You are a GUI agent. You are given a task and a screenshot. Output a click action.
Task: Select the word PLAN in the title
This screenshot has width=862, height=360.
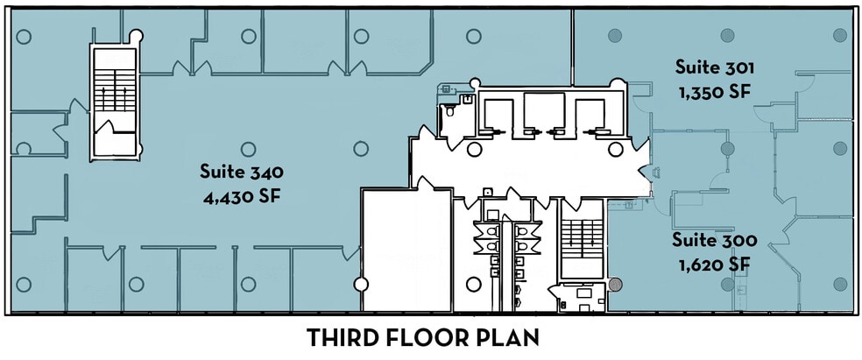click(x=511, y=337)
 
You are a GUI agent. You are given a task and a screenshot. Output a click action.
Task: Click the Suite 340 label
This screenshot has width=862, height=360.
click(x=241, y=172)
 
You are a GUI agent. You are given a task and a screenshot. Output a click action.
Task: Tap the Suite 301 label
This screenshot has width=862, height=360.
click(x=714, y=67)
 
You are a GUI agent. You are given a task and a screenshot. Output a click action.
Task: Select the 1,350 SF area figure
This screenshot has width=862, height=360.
click(x=715, y=93)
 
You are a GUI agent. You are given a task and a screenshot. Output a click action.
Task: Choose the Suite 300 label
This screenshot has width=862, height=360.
click(x=715, y=240)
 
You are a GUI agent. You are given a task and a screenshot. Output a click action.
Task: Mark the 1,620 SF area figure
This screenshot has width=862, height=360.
click(x=715, y=265)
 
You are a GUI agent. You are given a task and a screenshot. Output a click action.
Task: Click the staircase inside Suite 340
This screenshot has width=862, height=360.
click(x=115, y=102)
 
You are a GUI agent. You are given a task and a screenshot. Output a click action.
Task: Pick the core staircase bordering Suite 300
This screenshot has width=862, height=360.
click(x=583, y=239)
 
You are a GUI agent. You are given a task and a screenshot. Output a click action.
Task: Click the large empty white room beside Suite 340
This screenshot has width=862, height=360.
click(x=406, y=251)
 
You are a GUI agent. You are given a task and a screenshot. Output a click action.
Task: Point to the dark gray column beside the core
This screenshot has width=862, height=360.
click(x=616, y=285)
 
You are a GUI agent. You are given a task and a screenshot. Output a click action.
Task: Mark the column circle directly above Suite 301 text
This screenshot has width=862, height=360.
click(x=727, y=35)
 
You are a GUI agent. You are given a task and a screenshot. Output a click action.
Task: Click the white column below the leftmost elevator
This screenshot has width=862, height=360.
click(x=474, y=149)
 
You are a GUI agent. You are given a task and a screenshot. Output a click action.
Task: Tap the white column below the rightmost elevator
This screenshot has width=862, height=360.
click(x=615, y=149)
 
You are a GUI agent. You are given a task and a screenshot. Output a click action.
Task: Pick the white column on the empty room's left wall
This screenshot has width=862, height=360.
click(x=361, y=284)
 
